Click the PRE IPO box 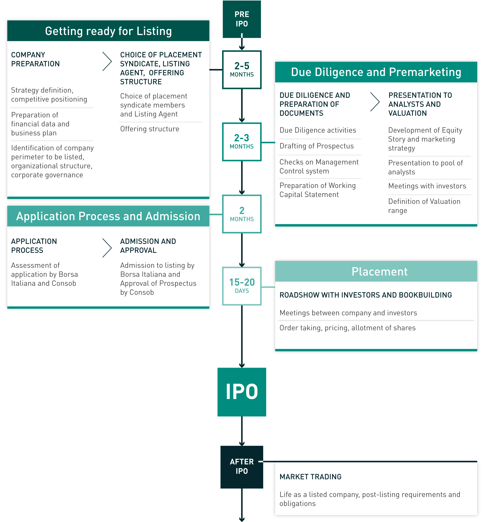tap(242, 19)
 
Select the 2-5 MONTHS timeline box tap(242, 70)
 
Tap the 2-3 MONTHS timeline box tap(242, 142)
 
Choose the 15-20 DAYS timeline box tap(242, 286)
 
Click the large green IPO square tap(242, 392)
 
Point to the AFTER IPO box tap(242, 467)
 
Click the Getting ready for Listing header tap(108, 31)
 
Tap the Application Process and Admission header tap(108, 216)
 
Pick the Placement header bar tap(376, 271)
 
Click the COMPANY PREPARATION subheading tap(35, 59)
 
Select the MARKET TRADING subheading tap(310, 477)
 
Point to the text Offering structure tap(150, 129)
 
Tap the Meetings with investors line tap(427, 186)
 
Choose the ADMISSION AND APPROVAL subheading tap(148, 246)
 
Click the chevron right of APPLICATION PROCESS tap(107, 248)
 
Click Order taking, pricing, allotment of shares tap(347, 328)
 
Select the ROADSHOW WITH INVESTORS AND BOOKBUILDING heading tap(365, 295)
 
